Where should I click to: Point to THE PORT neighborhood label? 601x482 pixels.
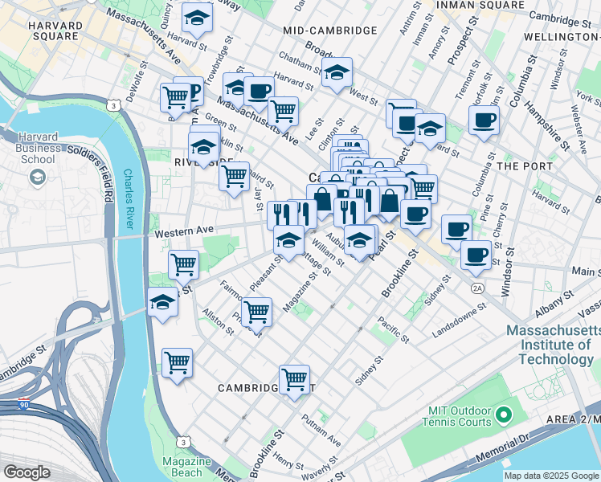(525, 166)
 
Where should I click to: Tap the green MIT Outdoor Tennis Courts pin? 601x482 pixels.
(504, 415)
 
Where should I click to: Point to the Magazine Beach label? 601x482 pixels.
(186, 467)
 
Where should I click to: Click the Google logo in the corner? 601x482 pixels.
(26, 472)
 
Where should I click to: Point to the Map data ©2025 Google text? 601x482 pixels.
(550, 476)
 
